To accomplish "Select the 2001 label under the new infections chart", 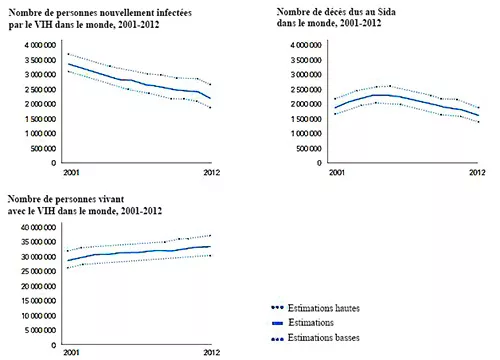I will click(70, 172).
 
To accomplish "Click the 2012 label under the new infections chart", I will click(210, 172).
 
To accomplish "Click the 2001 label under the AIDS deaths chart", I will click(335, 172).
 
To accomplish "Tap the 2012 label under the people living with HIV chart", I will click(210, 354).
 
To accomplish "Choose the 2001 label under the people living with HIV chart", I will click(70, 354).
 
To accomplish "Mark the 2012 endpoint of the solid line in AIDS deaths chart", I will click(477, 116).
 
